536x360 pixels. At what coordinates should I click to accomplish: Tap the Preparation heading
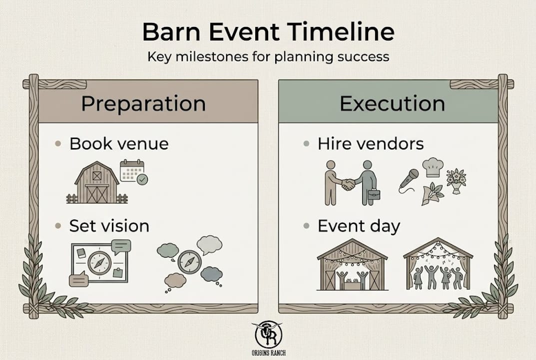coord(143,104)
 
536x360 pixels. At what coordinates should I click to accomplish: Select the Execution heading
coord(392,103)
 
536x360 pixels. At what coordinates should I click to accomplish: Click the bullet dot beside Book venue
coord(58,143)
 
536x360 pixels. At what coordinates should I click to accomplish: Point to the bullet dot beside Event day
coord(306,226)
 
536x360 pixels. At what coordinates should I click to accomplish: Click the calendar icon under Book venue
coord(132,170)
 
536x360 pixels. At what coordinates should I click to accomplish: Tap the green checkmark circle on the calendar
coord(142,179)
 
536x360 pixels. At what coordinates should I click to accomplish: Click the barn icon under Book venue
coord(97,182)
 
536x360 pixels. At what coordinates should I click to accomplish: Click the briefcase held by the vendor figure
coord(374,194)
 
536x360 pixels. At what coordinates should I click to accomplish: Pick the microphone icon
coord(409,180)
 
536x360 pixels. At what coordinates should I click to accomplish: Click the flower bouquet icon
coord(456,181)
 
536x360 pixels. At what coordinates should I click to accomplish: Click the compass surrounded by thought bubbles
coord(190,262)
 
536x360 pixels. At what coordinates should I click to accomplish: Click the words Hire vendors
coord(371,143)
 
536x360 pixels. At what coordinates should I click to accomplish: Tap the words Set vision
coord(109,226)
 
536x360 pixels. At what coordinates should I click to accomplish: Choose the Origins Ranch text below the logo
coord(268,353)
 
